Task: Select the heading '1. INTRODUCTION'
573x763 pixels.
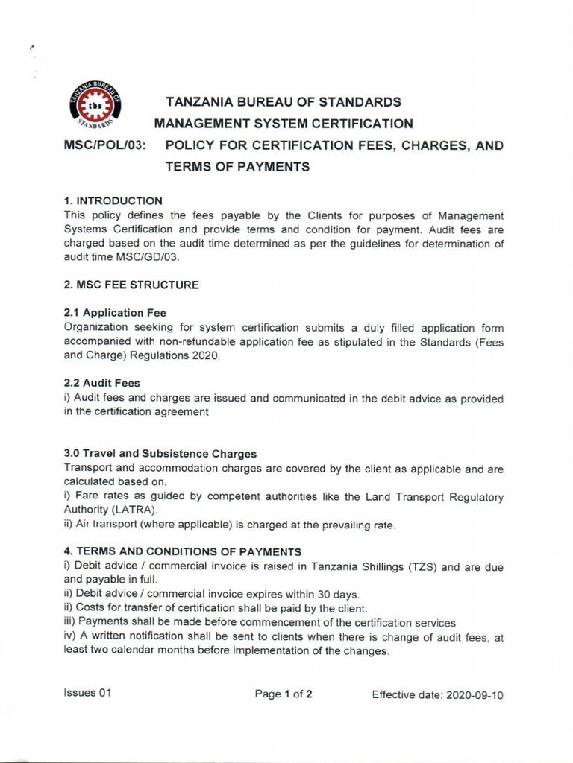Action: (x=113, y=200)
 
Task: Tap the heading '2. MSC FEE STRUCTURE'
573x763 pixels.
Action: (x=131, y=285)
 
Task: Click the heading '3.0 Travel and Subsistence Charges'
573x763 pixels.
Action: (x=160, y=453)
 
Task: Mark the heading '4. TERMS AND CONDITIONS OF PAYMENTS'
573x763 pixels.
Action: (x=183, y=551)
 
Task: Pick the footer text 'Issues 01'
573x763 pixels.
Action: (x=88, y=694)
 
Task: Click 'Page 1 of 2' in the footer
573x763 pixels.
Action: (x=284, y=694)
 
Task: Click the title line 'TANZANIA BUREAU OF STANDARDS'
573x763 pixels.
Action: (x=283, y=101)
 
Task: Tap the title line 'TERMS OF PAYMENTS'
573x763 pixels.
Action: (x=237, y=167)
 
